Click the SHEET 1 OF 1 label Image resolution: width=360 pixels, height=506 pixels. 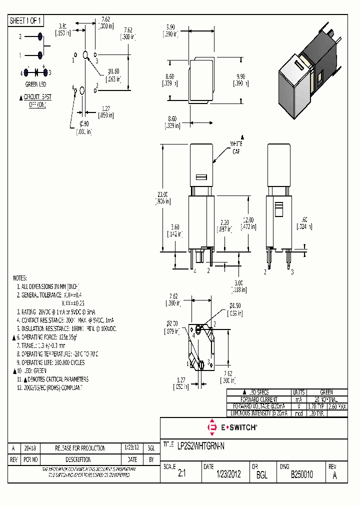(x=26, y=20)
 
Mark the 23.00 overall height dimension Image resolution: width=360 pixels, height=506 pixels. (x=163, y=198)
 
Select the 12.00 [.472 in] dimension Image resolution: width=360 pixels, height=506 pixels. (x=248, y=223)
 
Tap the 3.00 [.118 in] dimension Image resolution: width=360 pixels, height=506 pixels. (x=236, y=286)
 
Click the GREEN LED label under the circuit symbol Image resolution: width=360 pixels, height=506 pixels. (x=35, y=84)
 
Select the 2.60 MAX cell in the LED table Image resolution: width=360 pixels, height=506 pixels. (x=336, y=406)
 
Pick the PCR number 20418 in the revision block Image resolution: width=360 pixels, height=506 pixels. (x=30, y=448)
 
